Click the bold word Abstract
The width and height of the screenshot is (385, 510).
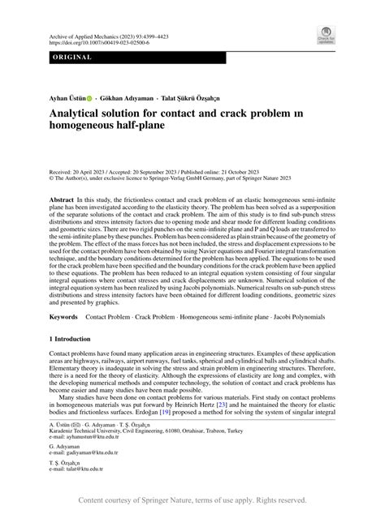tap(64, 199)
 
